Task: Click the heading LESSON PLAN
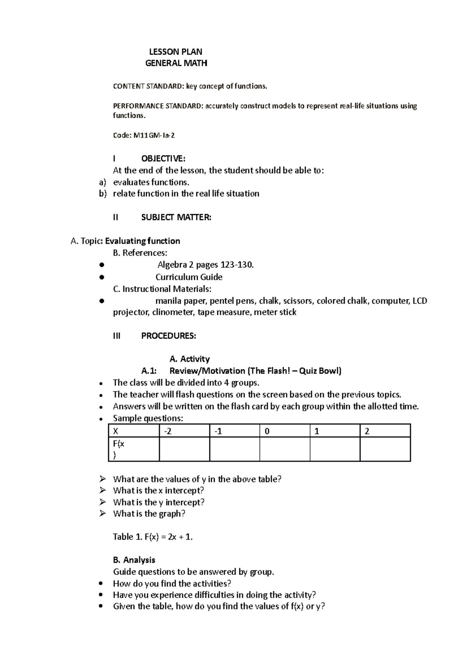176,52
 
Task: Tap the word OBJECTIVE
163,159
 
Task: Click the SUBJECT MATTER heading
176,218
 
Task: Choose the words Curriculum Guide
189,277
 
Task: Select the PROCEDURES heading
169,336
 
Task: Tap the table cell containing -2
184,431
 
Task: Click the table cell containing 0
284,431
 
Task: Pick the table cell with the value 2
385,431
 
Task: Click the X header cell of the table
133,431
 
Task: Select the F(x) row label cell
133,449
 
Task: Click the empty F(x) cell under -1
234,449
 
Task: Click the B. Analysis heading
134,560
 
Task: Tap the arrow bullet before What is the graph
102,514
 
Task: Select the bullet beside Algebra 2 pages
101,265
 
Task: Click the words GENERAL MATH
176,63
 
